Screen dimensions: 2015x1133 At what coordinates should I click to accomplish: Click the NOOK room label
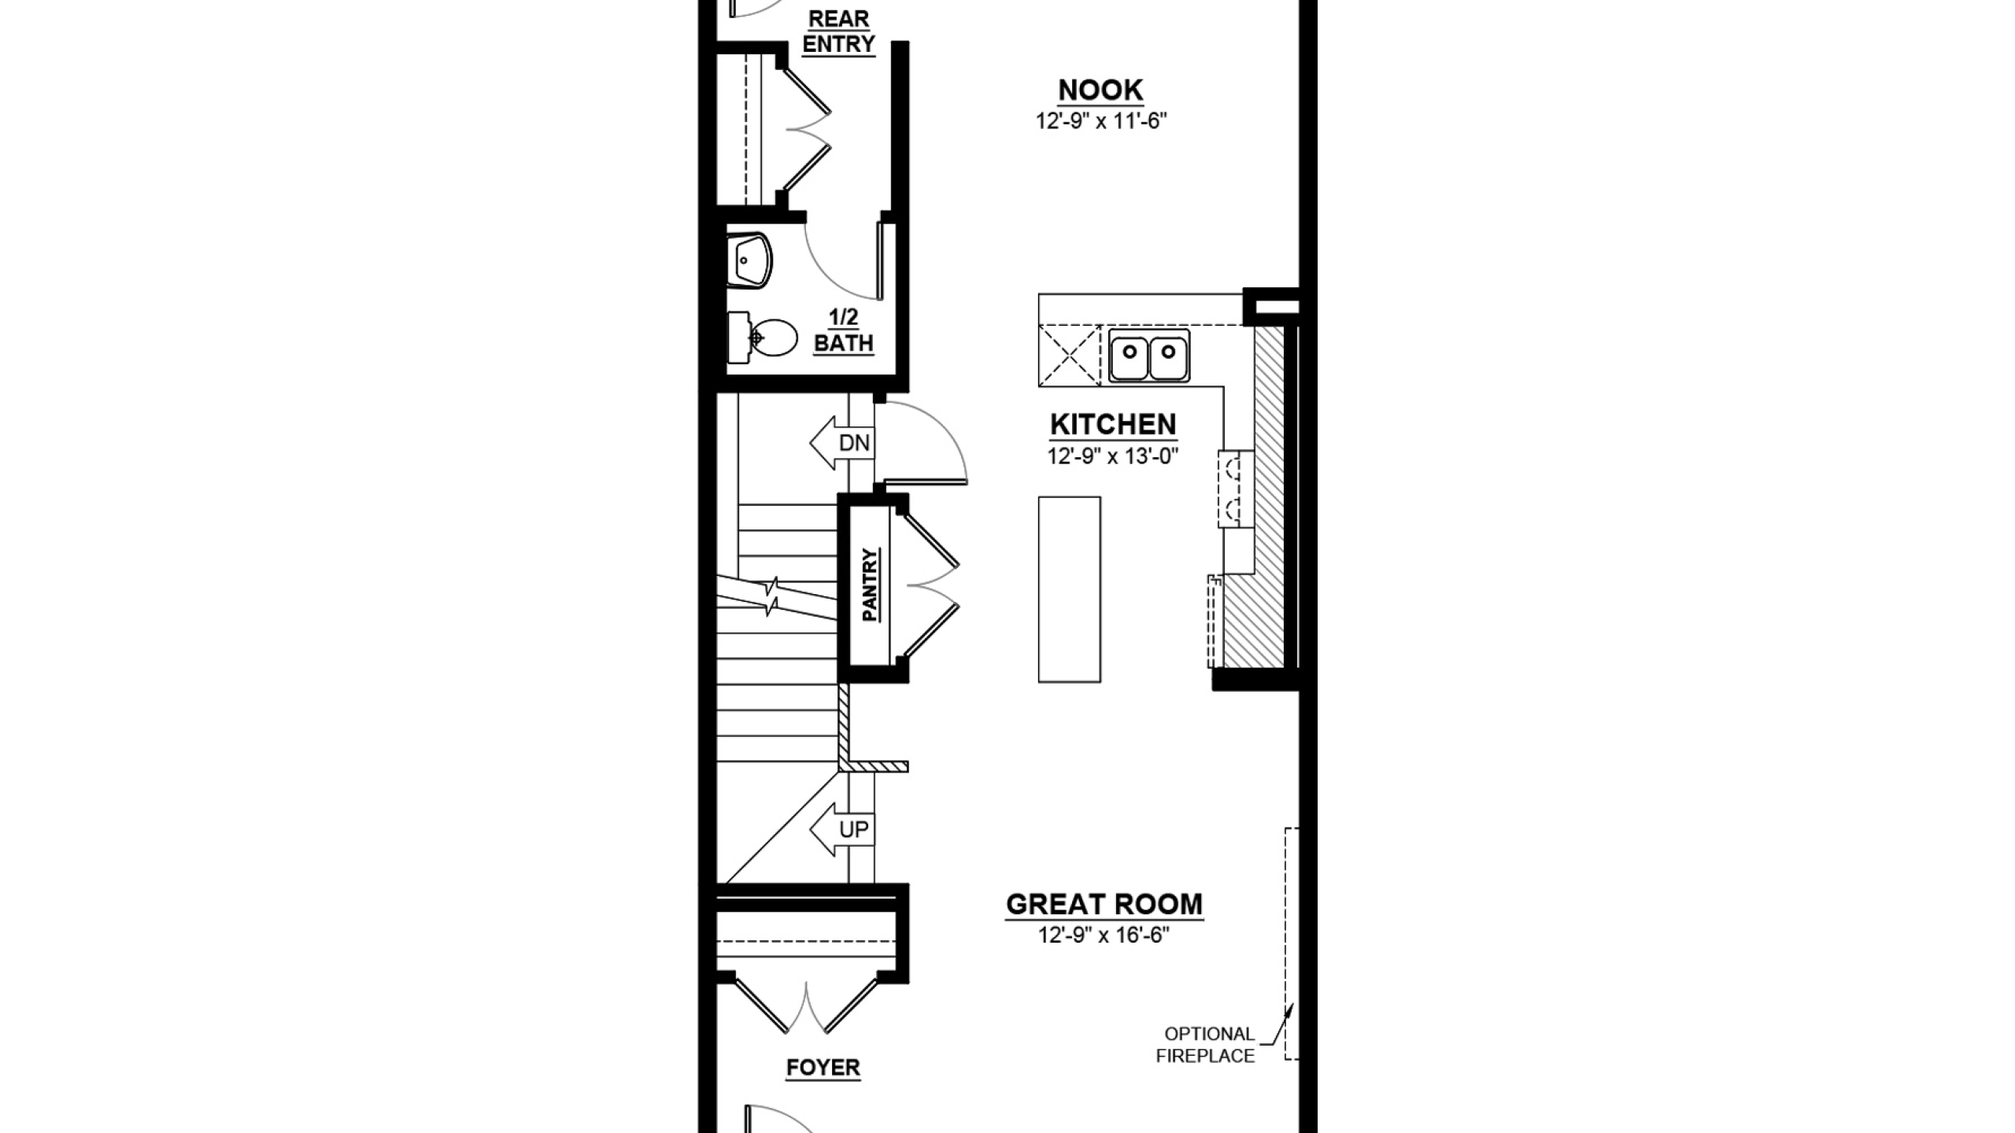(x=1100, y=91)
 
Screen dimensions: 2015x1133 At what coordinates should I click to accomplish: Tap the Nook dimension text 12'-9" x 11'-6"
(x=1100, y=121)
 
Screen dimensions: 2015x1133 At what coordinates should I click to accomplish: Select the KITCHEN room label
(x=1113, y=426)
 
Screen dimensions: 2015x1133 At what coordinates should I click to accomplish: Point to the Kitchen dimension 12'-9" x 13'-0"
(x=1112, y=456)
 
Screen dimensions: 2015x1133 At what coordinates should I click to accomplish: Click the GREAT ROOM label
(x=1104, y=905)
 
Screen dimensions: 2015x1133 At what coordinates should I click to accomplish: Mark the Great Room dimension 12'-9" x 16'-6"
(x=1104, y=936)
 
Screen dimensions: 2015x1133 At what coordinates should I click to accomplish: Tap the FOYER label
(x=823, y=1068)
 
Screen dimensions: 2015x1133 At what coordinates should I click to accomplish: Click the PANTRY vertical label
(x=870, y=585)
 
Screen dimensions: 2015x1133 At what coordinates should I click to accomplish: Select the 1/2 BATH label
(x=844, y=331)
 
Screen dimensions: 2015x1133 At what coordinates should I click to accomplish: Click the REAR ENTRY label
(x=839, y=31)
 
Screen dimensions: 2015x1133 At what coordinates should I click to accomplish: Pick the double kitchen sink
(x=1149, y=356)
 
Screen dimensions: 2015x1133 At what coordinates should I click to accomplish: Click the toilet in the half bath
(x=762, y=338)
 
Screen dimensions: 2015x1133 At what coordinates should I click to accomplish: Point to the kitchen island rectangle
(x=1069, y=589)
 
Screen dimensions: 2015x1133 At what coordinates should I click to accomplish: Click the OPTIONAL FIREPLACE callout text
(x=1206, y=1045)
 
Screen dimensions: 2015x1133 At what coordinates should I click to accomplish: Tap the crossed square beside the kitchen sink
(x=1070, y=356)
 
